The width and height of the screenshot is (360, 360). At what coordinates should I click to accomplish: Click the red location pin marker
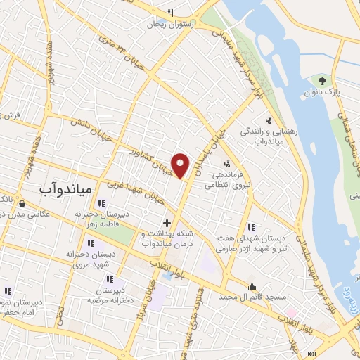pos(181,165)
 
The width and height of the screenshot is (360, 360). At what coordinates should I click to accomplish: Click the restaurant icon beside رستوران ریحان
pos(170,13)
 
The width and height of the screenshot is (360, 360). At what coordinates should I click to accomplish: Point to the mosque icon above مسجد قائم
pos(252,285)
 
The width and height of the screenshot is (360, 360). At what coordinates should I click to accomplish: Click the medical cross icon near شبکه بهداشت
pos(166,222)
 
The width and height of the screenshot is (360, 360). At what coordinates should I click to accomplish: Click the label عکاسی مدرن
pos(25,215)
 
